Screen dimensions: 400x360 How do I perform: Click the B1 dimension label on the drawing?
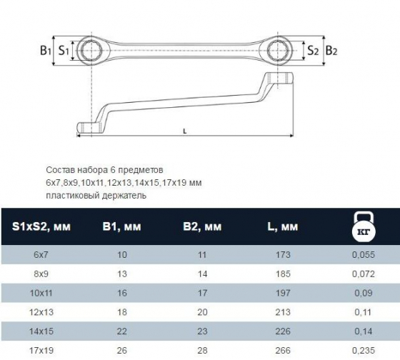(x=46, y=50)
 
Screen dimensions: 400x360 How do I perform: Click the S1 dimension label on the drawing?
(x=64, y=50)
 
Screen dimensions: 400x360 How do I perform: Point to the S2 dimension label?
(x=313, y=50)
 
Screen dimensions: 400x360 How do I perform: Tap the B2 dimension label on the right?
(x=331, y=50)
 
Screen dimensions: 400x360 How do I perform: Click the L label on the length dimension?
(x=185, y=131)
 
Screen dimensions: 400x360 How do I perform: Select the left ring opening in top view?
(x=91, y=50)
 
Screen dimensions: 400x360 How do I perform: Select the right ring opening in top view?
(x=277, y=50)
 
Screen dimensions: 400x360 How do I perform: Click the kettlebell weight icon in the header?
(x=364, y=226)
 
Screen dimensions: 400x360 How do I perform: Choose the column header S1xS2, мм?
(x=41, y=226)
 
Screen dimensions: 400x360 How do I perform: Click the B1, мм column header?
(x=121, y=226)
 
